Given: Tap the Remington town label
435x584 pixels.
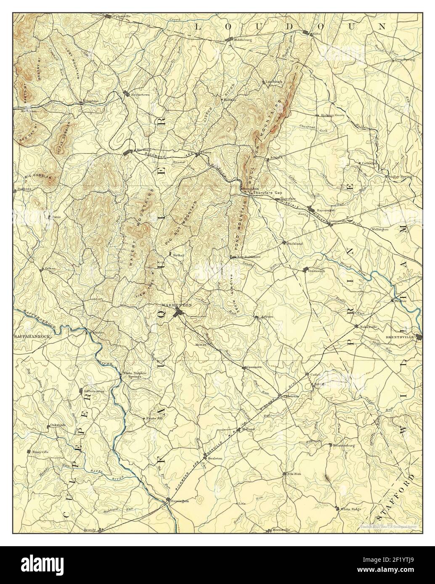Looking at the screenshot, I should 180,501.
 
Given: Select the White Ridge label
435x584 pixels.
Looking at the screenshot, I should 351,509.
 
